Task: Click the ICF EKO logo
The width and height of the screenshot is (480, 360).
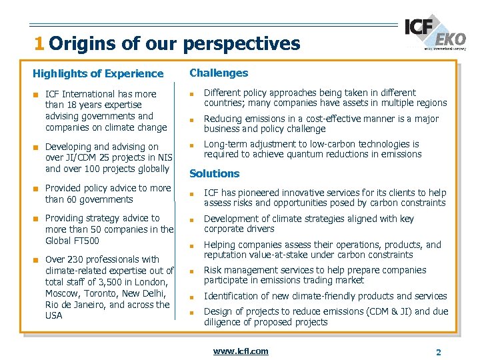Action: point(435,33)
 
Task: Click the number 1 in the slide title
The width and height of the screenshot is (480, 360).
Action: point(39,44)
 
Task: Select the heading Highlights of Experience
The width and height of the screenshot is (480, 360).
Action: point(98,73)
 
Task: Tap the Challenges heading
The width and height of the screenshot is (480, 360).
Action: point(219,73)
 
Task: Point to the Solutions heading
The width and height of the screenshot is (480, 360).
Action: point(214,173)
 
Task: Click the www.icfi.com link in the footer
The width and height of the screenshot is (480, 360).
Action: point(241,351)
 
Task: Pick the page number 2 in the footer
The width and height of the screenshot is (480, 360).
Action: point(438,352)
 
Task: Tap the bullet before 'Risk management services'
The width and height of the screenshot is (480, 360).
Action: point(191,271)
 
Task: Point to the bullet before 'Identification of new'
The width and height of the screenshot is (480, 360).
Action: point(191,297)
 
